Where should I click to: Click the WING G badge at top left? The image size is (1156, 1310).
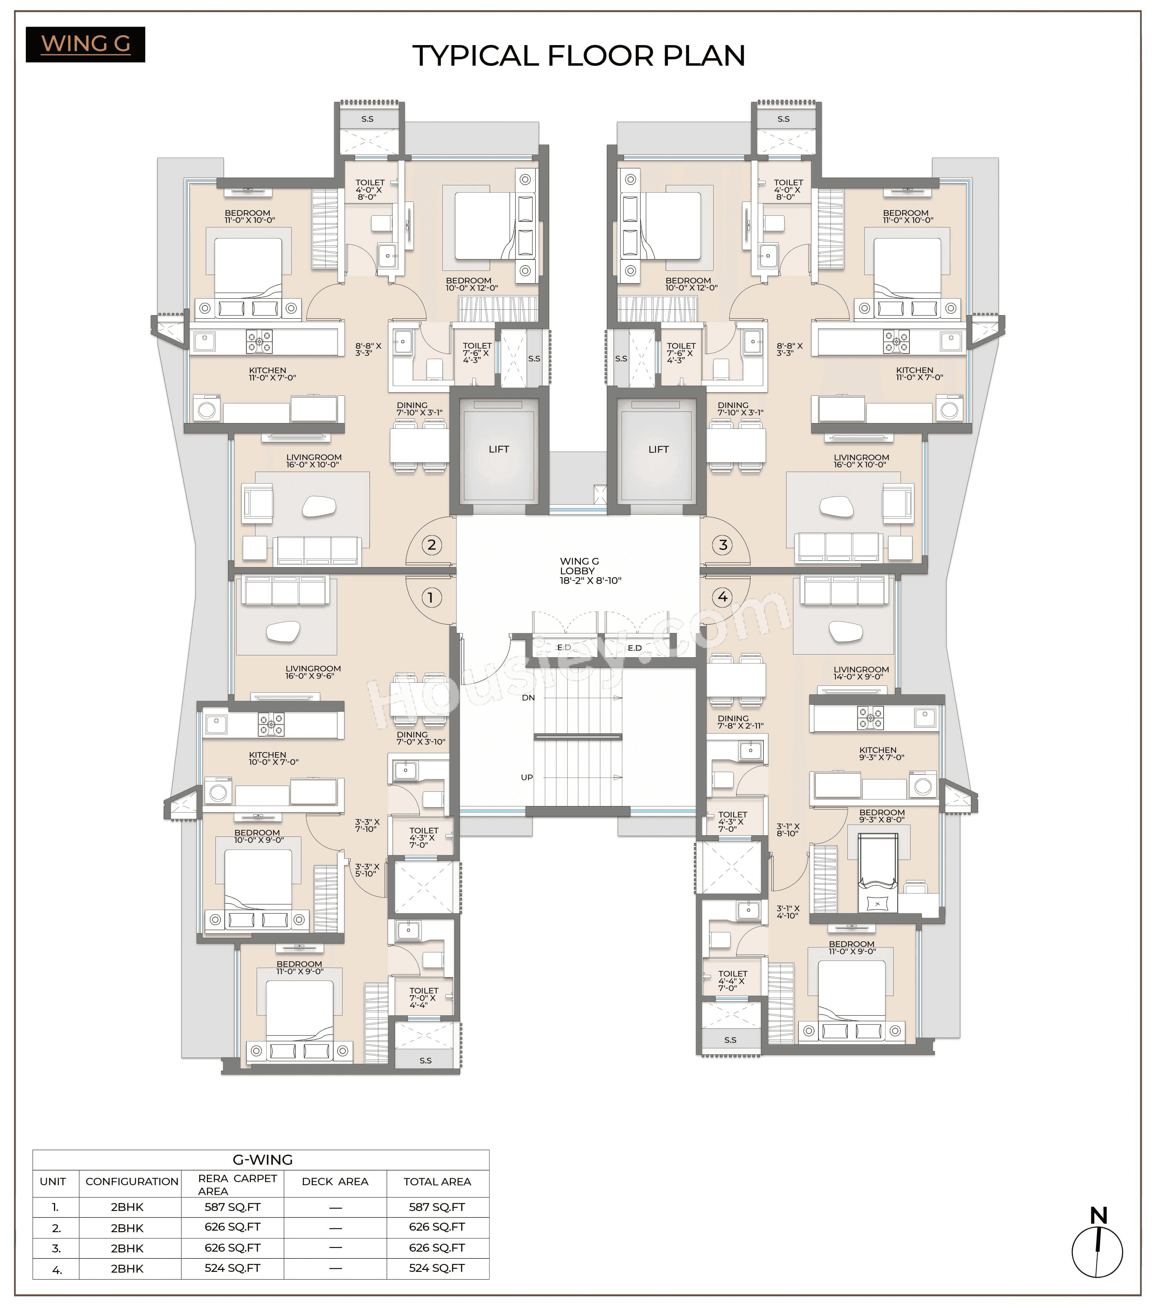point(85,44)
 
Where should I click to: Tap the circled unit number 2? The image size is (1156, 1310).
point(431,545)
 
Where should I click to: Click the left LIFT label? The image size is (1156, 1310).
point(499,449)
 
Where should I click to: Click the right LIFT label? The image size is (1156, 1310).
point(658,449)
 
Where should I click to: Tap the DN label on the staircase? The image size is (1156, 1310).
point(528,697)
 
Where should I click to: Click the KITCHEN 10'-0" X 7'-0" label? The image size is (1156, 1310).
point(274,758)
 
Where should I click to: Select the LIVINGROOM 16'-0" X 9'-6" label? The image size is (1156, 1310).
point(313,672)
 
